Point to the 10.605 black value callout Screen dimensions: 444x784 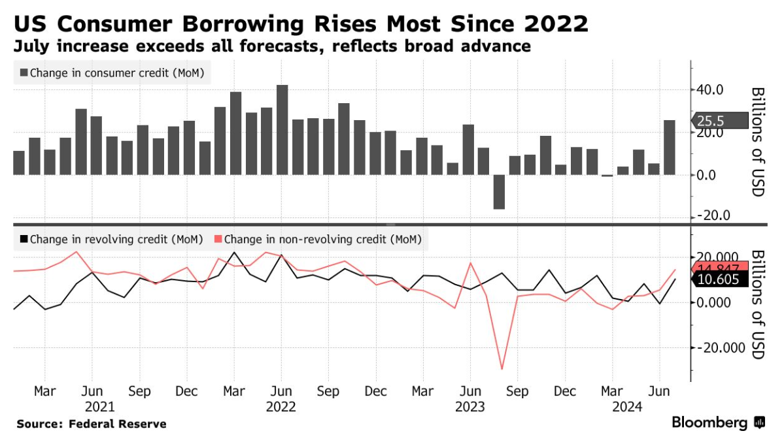718,279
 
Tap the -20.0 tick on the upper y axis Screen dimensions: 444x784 712,216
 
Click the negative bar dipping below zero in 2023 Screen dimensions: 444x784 500,192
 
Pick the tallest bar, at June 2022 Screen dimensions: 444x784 282,130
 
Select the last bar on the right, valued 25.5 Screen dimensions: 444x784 670,148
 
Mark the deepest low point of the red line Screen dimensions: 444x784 502,369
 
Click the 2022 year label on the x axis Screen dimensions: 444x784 282,407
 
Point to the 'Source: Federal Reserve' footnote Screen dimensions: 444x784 92,424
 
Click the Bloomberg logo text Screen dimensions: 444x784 709,423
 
